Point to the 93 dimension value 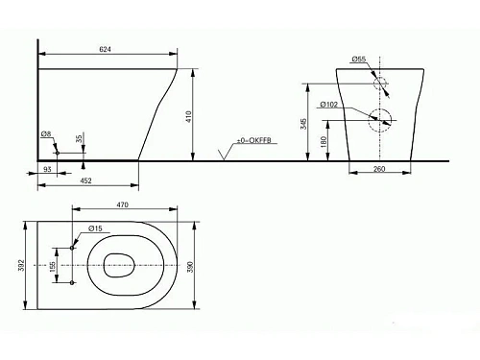pyautogui.click(x=47, y=170)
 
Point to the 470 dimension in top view pyautogui.click(x=124, y=206)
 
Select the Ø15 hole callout pyautogui.click(x=96, y=228)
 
